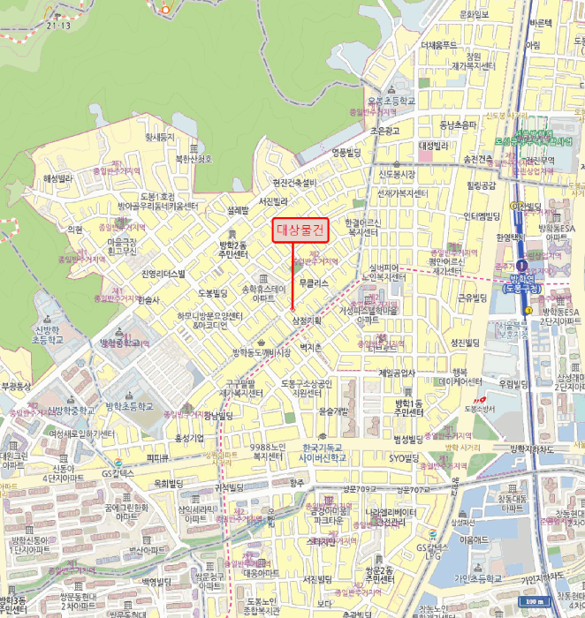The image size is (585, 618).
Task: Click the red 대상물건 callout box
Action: pos(300,230)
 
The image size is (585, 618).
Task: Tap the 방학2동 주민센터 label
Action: pos(233,249)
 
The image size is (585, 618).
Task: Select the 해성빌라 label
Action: pos(62,177)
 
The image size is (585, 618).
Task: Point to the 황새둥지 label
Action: pos(160,137)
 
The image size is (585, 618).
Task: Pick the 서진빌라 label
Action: pos(273,201)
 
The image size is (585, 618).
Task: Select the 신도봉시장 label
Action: pos(399,174)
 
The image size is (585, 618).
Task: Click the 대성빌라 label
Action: pos(435,146)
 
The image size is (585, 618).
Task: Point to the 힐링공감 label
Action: pos(482,185)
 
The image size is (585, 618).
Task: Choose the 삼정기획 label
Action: pos(306,320)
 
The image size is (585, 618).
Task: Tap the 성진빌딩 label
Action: pos(464,342)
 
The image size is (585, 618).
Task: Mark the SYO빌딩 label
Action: pos(405,458)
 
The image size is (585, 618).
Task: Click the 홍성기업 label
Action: pos(189,438)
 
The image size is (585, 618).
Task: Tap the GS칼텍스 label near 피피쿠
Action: pos(117,473)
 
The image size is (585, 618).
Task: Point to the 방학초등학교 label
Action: pos(129,406)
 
